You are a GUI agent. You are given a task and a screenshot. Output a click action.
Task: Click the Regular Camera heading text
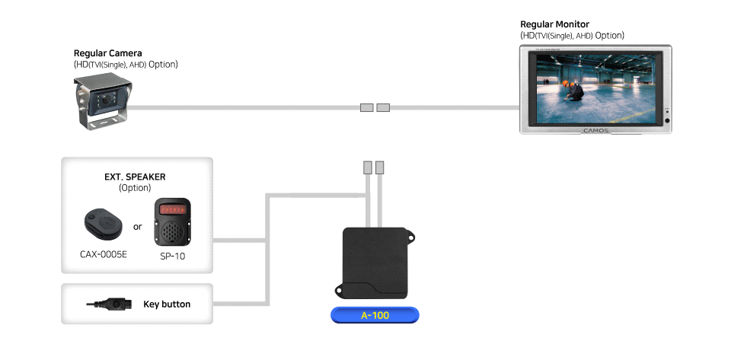[x=107, y=53]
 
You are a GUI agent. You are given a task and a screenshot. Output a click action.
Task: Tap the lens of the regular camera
[x=106, y=100]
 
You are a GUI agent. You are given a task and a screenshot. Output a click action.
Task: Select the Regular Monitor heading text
[x=554, y=24]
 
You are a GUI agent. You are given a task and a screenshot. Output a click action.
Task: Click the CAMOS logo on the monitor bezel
[x=596, y=130]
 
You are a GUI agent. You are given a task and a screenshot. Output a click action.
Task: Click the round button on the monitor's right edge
[x=667, y=120]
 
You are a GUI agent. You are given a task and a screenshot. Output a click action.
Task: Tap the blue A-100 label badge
[x=375, y=315]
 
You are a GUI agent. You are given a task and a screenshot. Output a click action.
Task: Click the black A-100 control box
[x=375, y=263]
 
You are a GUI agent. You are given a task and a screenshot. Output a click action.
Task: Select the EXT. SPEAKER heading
[x=135, y=177]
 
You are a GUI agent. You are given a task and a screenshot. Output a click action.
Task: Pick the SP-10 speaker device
[x=172, y=222]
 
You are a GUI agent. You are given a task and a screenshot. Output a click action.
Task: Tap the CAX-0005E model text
[x=104, y=254]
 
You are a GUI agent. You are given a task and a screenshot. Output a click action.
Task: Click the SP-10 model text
[x=172, y=256]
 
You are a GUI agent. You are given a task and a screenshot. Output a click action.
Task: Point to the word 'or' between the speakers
[x=138, y=227]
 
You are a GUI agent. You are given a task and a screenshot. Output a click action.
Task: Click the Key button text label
[x=167, y=304]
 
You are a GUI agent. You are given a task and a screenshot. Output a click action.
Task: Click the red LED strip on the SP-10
[x=172, y=209]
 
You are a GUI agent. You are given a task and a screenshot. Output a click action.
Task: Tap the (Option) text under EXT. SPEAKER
[x=135, y=188]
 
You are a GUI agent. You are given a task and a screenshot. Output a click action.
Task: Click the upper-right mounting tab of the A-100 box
[x=410, y=234]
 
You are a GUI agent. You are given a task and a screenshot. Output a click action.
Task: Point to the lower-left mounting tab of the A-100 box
[x=340, y=289]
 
